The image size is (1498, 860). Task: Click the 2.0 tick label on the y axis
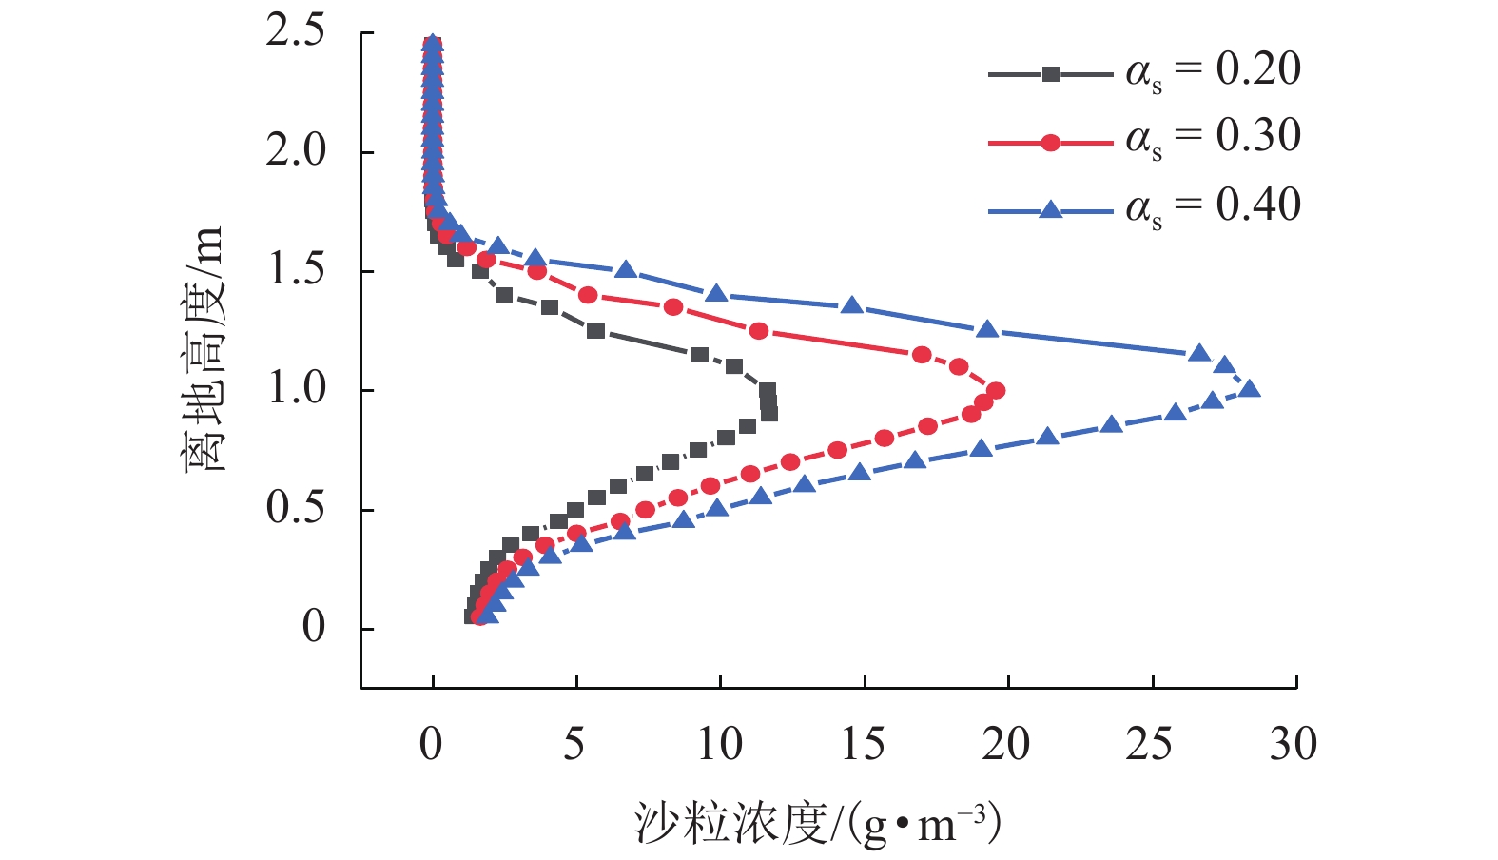[296, 151]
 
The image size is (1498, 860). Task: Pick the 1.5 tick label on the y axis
[296, 270]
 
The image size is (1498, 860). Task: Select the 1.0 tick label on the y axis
[296, 389]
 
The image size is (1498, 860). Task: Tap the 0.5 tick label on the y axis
[296, 509]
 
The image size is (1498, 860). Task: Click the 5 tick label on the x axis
[574, 745]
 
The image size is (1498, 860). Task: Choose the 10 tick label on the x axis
[719, 745]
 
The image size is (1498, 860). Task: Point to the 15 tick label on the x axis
[863, 745]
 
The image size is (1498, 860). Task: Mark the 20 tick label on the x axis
[1006, 745]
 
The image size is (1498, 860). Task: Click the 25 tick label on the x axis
[1150, 745]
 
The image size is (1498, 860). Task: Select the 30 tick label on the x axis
[1294, 745]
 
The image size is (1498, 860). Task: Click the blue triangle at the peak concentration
[1250, 388]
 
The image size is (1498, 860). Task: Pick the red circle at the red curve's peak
[996, 390]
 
